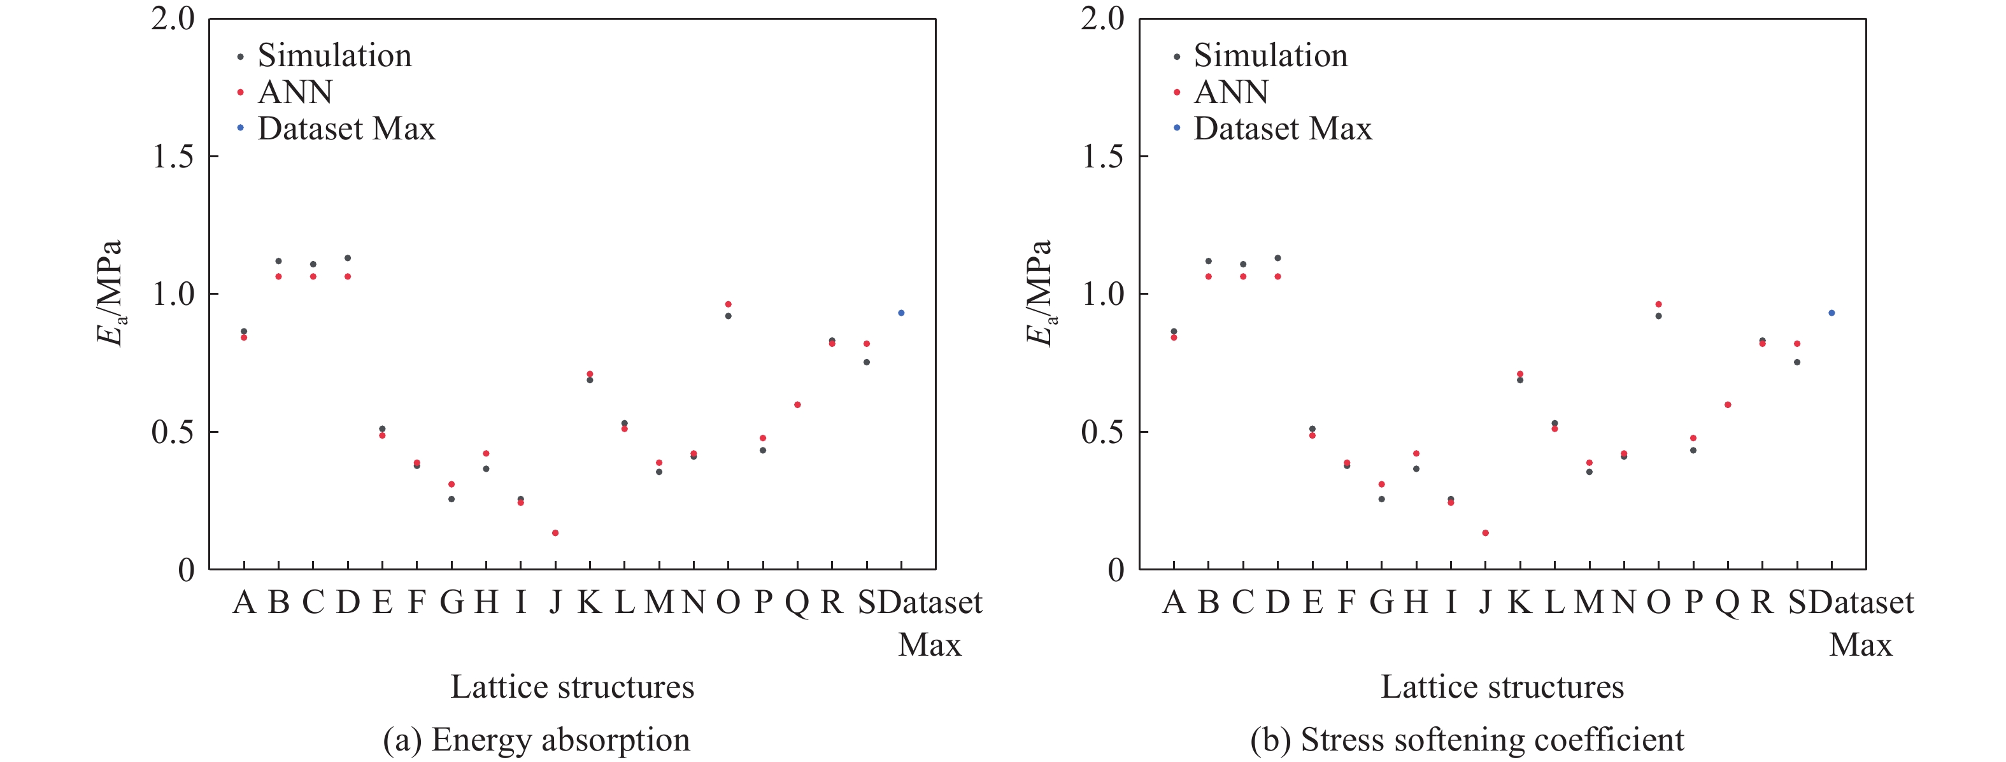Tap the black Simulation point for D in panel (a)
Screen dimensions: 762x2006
coord(347,258)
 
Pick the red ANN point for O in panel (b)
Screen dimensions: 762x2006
coord(1659,304)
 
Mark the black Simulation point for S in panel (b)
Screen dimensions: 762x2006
coord(1797,362)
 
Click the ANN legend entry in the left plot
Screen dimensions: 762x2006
coord(294,92)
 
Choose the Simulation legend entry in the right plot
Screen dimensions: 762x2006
coord(1269,56)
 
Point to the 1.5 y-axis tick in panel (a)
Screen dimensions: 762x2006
coord(174,157)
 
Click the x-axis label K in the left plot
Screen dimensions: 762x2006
coord(590,602)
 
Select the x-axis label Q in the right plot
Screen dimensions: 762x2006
coord(1728,602)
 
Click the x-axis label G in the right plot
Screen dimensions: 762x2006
coord(1381,602)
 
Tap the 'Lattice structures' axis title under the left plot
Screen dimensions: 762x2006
coord(573,686)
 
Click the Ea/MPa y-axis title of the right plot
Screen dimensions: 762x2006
coord(1039,293)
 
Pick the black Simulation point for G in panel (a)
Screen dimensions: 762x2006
coord(452,499)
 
